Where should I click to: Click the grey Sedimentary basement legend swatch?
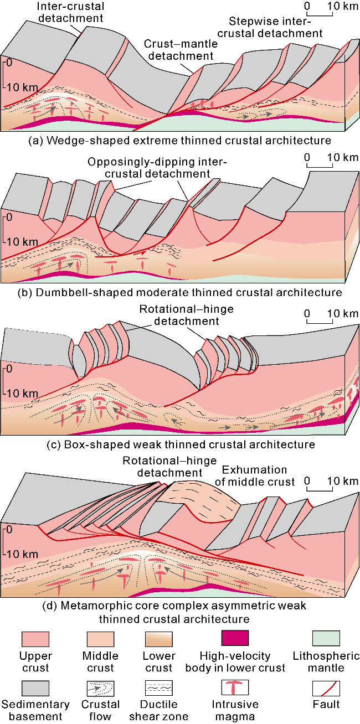[35, 688]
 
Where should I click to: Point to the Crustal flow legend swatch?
[100, 688]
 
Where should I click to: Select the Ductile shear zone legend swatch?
[158, 688]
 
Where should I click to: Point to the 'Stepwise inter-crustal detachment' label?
[276, 28]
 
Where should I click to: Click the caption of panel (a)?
[180, 141]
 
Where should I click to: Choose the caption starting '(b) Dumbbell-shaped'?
[180, 292]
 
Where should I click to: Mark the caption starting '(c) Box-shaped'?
[180, 444]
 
